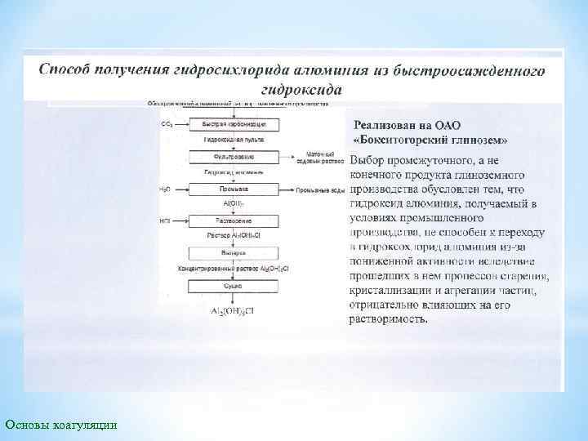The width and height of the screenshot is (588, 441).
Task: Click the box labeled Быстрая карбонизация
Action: coord(234,125)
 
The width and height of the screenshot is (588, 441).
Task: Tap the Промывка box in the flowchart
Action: coord(234,189)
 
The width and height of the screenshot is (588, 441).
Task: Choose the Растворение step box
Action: coord(234,221)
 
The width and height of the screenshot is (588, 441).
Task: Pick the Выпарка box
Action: coord(234,253)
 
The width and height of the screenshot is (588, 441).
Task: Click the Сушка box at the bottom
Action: coord(234,287)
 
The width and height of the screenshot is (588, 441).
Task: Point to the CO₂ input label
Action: coord(167,125)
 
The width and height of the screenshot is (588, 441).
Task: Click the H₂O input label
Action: coord(165,189)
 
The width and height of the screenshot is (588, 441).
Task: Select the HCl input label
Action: coord(166,221)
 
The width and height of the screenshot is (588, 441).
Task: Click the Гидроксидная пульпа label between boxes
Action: coord(234,140)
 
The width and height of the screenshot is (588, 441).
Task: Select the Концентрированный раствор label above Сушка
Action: coord(234,269)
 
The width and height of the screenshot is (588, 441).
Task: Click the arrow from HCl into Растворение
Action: coord(180,221)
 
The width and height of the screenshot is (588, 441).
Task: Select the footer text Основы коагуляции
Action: coord(60,424)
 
